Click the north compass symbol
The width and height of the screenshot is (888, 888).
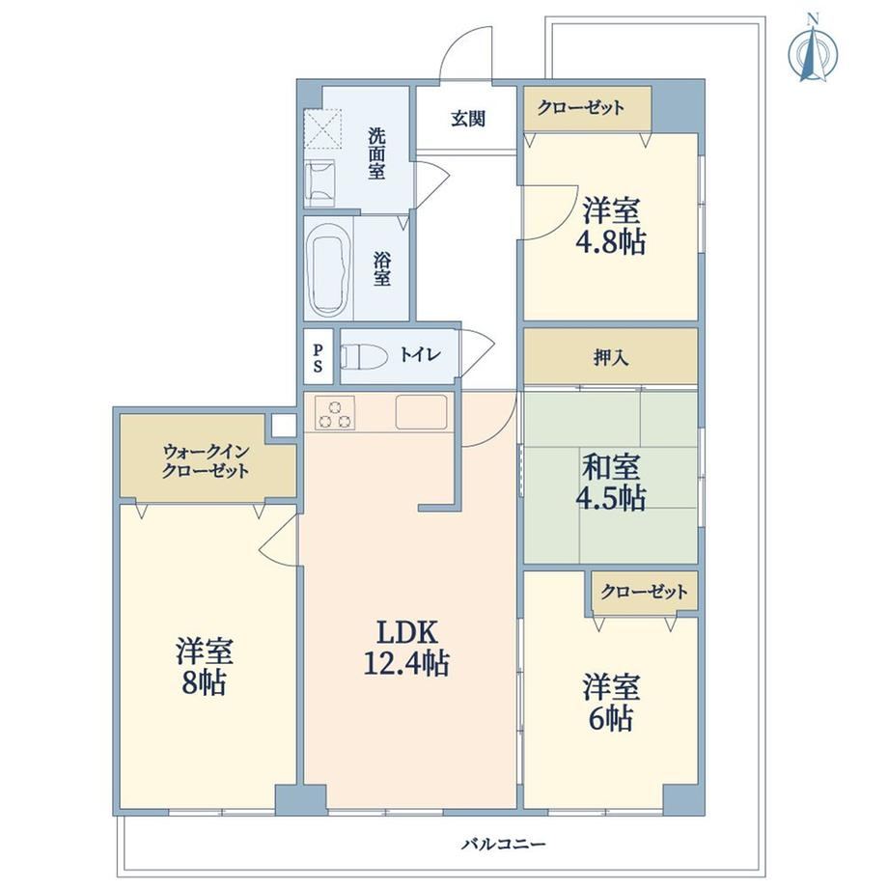coord(814,52)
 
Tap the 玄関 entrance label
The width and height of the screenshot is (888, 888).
coord(468,119)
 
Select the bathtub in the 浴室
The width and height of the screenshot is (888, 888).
coord(326,269)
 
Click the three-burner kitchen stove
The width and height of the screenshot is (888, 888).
coord(335,412)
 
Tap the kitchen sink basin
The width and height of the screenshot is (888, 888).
coord(421,412)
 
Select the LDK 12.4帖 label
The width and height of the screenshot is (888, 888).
coord(406,648)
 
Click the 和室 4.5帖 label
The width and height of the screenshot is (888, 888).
coord(610,482)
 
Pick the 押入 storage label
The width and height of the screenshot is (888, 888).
coord(610,357)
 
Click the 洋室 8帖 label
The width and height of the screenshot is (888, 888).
coord(204,667)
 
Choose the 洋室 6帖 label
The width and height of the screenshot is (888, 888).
coord(611,703)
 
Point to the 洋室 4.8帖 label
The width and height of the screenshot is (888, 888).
coord(610,226)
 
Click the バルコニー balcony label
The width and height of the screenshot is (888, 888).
coord(503,845)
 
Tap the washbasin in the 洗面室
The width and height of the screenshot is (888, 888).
coord(320,183)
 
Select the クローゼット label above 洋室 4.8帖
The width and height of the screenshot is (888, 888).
coord(580,107)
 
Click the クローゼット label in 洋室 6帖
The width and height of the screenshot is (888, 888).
coord(644,592)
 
